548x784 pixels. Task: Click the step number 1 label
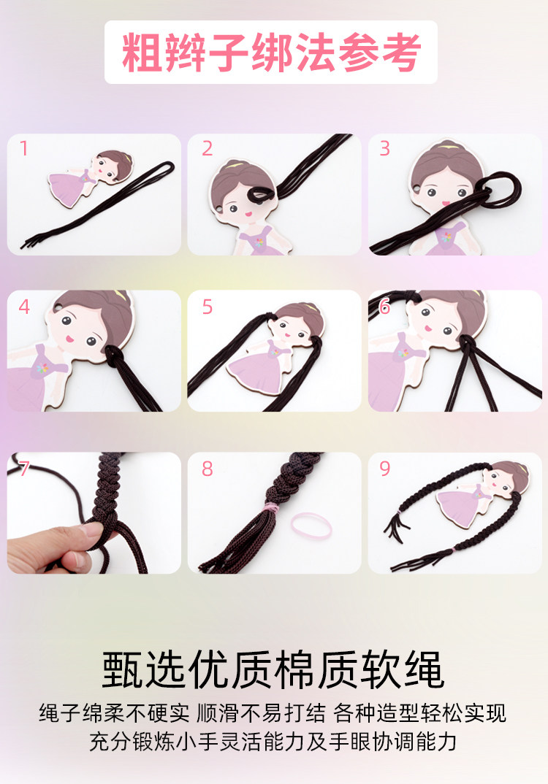click(23, 148)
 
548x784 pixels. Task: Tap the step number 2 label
click(208, 148)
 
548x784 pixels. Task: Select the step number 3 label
click(384, 148)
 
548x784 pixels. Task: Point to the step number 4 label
click(24, 307)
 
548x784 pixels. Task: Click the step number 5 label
click(208, 307)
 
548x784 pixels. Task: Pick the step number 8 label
click(208, 469)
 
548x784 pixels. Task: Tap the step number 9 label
click(384, 469)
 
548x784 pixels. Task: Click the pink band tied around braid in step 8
click(270, 507)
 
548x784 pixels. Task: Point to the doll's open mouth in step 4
click(71, 339)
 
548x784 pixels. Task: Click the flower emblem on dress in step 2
click(259, 242)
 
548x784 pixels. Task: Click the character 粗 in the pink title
click(142, 53)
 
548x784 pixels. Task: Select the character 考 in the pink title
click(400, 53)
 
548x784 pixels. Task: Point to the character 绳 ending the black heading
click(424, 669)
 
